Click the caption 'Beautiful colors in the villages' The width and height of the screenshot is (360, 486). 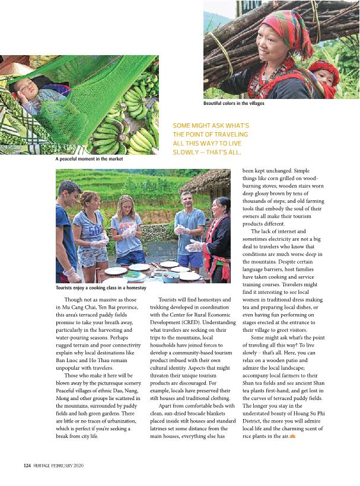click(x=233, y=104)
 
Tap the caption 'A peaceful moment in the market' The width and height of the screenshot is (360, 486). click(x=89, y=159)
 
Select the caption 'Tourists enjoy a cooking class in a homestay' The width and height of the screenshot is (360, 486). click(x=101, y=287)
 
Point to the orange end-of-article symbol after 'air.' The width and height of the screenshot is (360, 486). click(x=292, y=437)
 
